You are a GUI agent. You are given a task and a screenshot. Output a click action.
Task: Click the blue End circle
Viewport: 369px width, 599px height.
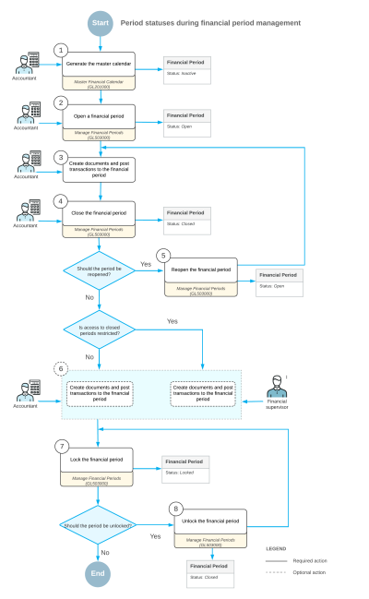point(98,572)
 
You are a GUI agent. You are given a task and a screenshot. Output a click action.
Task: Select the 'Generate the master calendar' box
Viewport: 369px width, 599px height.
point(98,70)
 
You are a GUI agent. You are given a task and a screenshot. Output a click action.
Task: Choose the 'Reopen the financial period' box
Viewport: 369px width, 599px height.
point(199,274)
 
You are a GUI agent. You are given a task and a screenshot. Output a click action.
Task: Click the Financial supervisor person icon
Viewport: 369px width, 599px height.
point(279,387)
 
